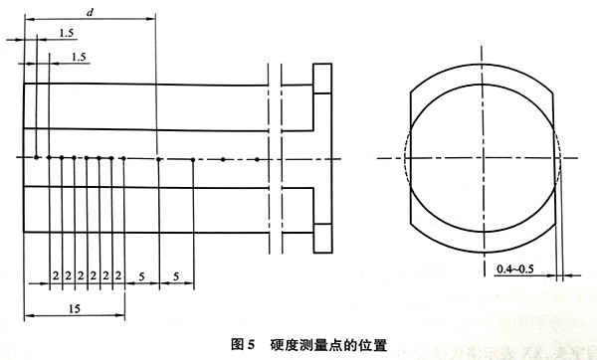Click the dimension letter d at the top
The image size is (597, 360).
pyautogui.click(x=92, y=11)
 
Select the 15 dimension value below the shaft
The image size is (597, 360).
pyautogui.click(x=75, y=309)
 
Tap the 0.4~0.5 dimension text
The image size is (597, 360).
pyautogui.click(x=516, y=268)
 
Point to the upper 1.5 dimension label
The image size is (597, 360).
pyautogui.click(x=66, y=33)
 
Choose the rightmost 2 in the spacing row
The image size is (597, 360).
pyautogui.click(x=117, y=272)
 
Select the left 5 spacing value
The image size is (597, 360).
pyautogui.click(x=141, y=272)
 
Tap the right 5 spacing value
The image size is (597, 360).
pyautogui.click(x=175, y=272)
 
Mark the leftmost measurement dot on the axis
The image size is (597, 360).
pyautogui.click(x=37, y=157)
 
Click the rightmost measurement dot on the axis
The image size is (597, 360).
pyautogui.click(x=257, y=158)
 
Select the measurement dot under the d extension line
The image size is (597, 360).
pyautogui.click(x=158, y=157)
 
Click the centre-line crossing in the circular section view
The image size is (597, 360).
pyautogui.click(x=483, y=158)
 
